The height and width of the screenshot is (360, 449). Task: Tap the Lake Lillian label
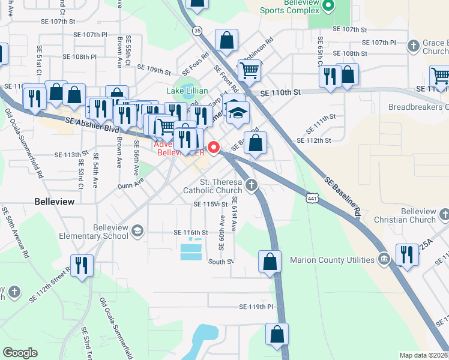pos(187,91)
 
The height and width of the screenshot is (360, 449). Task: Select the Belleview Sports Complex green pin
pos(328,6)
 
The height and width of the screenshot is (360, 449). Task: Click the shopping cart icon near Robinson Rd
pos(249,70)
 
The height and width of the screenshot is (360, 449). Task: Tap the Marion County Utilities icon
pos(384,260)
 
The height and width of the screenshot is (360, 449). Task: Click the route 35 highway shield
pos(197,29)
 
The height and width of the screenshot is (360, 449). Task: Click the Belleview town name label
pos(54,202)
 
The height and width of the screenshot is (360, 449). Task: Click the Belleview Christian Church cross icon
pos(444,214)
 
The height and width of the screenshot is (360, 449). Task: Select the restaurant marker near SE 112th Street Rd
pos(82,265)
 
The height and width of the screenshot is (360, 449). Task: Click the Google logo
pos(20,353)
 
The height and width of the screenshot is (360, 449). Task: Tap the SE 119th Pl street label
pos(256,307)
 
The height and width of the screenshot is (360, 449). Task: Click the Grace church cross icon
pos(413,46)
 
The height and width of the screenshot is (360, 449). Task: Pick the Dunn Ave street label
pos(131,182)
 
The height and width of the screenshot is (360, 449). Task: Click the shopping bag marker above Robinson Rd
pos(227,41)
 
